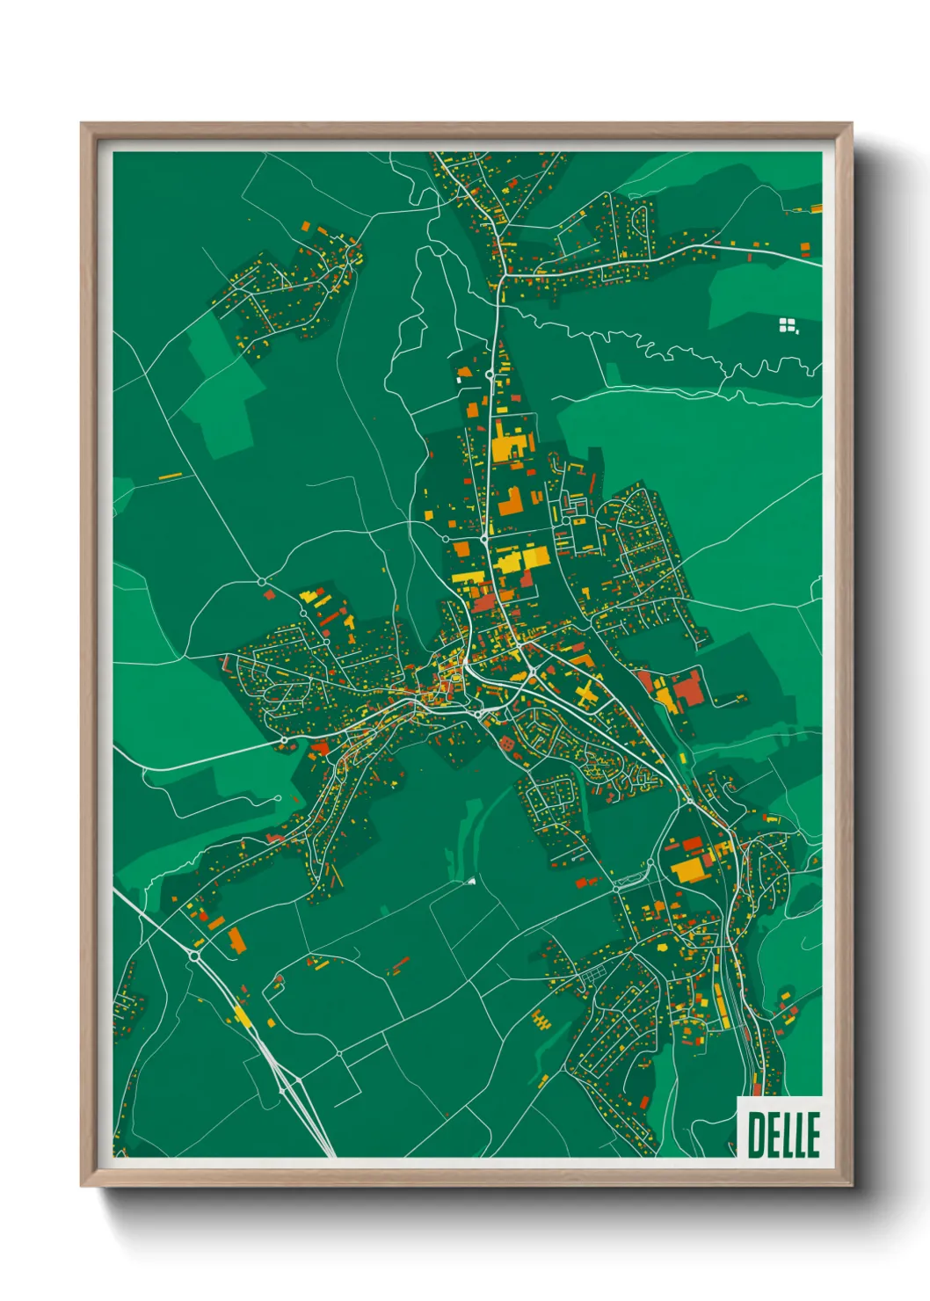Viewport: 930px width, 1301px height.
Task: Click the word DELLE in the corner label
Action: point(783,1134)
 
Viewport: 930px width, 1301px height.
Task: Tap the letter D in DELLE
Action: point(755,1134)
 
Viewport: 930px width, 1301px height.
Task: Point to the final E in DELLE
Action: point(812,1134)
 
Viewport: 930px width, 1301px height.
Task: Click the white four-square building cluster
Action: point(788,326)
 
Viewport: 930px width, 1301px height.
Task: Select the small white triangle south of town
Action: point(472,879)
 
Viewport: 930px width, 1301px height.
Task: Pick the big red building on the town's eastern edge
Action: point(687,687)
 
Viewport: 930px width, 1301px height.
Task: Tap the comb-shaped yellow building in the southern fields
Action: point(541,1021)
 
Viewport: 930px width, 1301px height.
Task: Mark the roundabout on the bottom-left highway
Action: point(194,955)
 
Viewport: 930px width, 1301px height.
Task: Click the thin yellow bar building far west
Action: point(171,476)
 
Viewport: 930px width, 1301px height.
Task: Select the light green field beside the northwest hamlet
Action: point(220,387)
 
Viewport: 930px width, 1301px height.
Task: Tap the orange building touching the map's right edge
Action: point(816,209)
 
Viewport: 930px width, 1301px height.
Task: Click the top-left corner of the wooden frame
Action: point(82,125)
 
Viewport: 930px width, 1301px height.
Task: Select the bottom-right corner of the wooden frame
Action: point(851,1185)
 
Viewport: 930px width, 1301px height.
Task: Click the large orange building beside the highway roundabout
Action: point(237,941)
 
